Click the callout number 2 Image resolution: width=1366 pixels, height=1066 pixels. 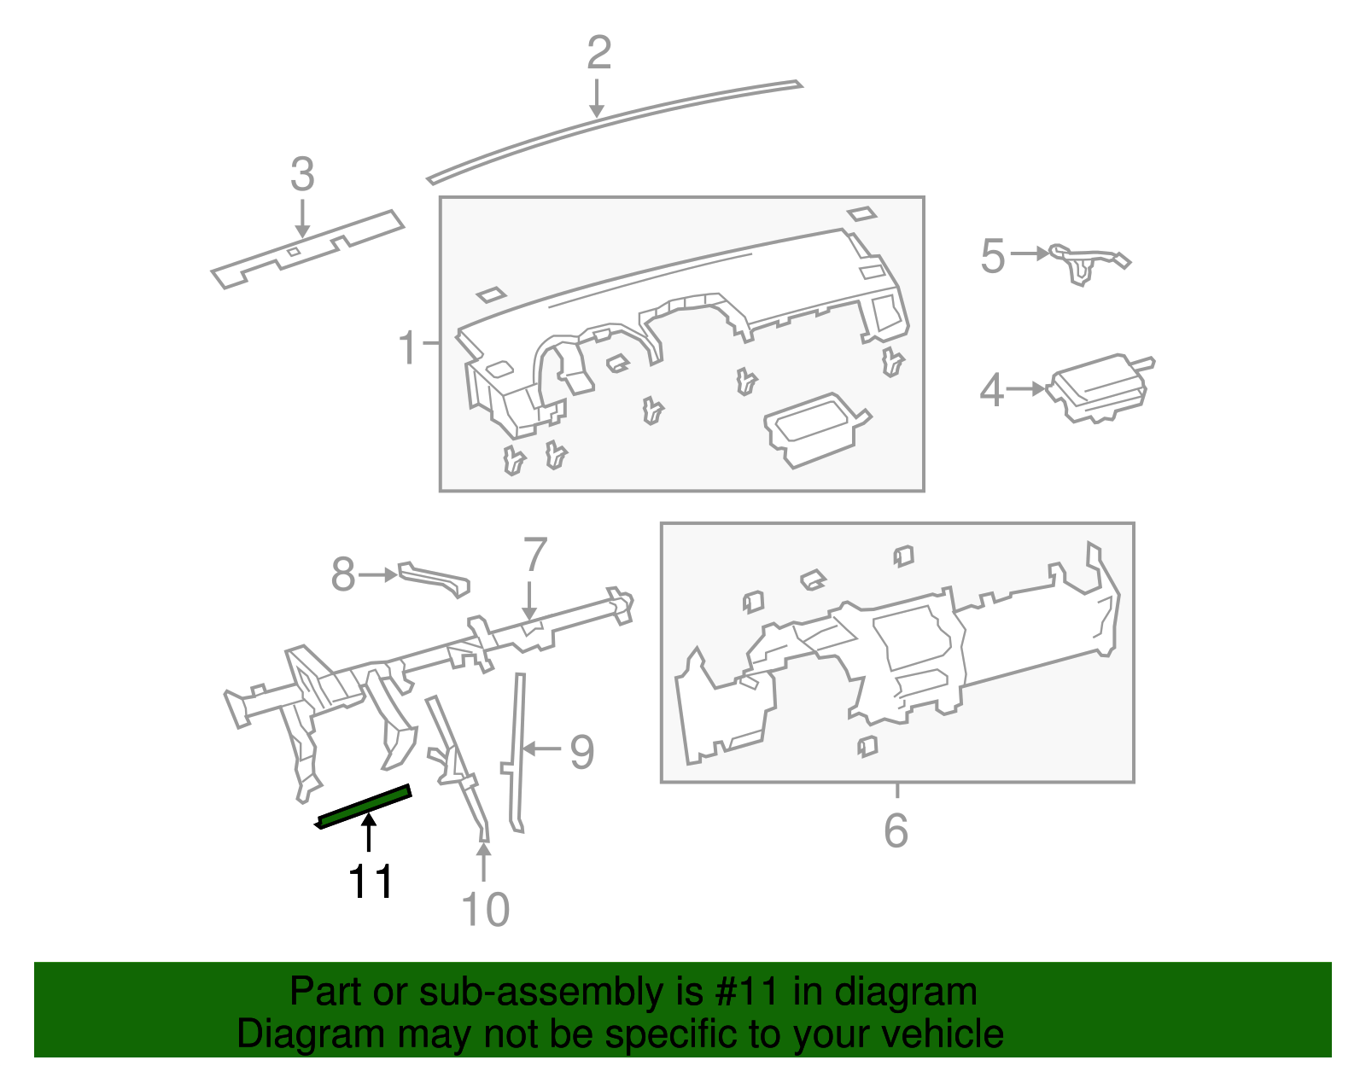pyautogui.click(x=598, y=53)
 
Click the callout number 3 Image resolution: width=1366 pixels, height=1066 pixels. pyautogui.click(x=302, y=174)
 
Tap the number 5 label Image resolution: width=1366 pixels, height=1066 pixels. pyautogui.click(x=992, y=256)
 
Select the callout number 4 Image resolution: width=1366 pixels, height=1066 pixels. pyautogui.click(x=990, y=391)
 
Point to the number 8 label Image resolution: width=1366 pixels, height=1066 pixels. pyautogui.click(x=342, y=574)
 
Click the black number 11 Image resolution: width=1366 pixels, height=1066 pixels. pyautogui.click(x=371, y=882)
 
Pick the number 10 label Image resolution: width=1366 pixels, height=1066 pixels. pyautogui.click(x=485, y=909)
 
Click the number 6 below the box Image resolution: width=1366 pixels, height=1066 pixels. pyautogui.click(x=896, y=830)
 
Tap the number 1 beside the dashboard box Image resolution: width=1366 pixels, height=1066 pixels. pyautogui.click(x=408, y=348)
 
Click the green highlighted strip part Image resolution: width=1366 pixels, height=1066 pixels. pyautogui.click(x=365, y=806)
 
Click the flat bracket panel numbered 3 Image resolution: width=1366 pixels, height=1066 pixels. pyautogui.click(x=307, y=249)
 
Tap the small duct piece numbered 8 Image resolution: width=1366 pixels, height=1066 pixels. pyautogui.click(x=435, y=578)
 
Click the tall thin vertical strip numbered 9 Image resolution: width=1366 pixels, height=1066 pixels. pyautogui.click(x=517, y=751)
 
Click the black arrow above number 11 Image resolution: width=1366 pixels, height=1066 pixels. pyautogui.click(x=369, y=833)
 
